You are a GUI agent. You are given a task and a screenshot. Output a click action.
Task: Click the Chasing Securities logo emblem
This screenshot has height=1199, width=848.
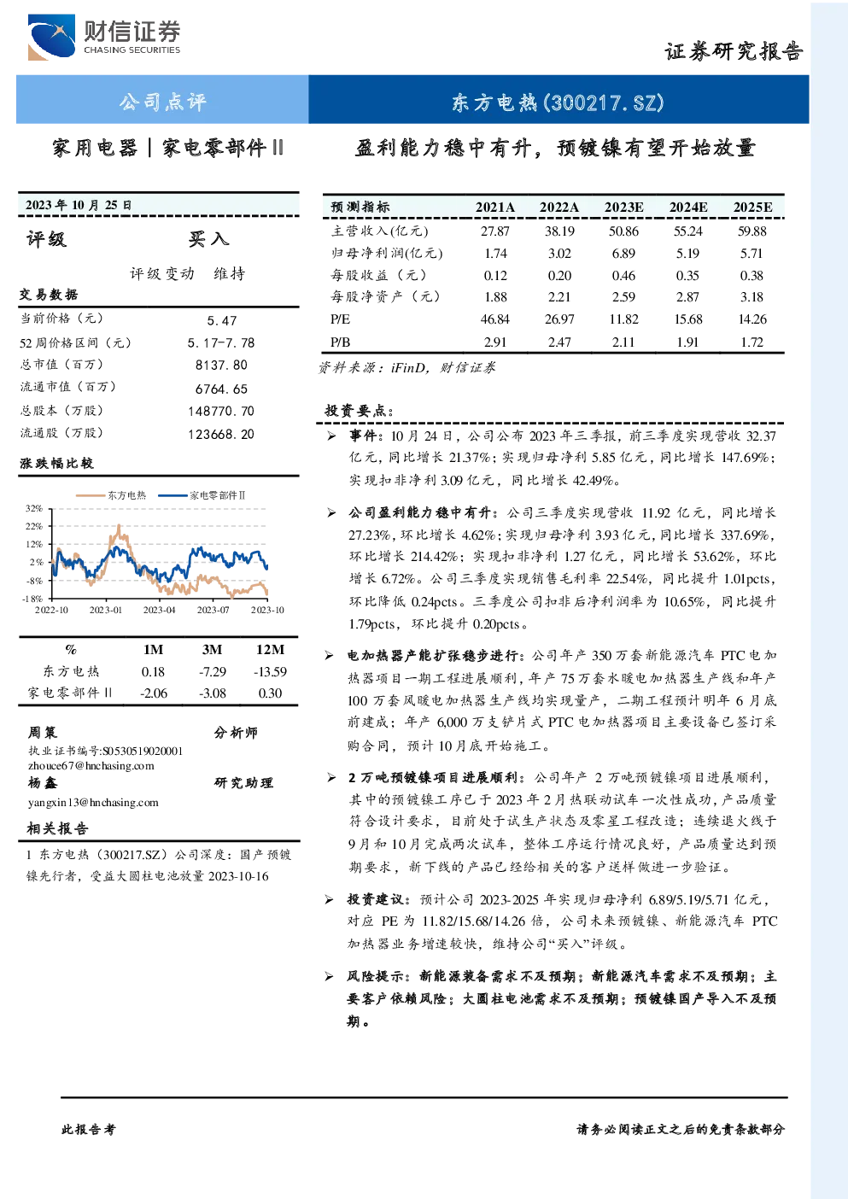click(x=52, y=37)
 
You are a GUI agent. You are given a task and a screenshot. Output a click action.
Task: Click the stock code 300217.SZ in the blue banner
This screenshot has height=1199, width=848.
click(x=604, y=102)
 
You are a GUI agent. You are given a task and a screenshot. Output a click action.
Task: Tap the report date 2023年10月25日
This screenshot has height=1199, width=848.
click(x=79, y=205)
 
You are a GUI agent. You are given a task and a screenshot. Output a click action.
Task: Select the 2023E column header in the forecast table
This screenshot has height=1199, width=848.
click(x=623, y=208)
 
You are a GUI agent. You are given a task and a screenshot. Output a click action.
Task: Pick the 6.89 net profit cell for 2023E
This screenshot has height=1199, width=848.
click(x=623, y=253)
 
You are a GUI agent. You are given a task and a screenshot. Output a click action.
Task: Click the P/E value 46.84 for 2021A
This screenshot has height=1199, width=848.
click(x=495, y=319)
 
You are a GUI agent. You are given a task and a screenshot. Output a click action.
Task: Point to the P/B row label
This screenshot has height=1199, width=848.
click(x=340, y=342)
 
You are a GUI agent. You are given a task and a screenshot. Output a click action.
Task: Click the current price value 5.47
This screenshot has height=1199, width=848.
click(x=222, y=320)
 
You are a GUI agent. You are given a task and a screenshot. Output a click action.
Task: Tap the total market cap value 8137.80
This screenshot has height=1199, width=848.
click(x=221, y=365)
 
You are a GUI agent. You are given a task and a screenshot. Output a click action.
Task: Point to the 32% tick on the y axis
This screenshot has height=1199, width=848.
click(x=33, y=508)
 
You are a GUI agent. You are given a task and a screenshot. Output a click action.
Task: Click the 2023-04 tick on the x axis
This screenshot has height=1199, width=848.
click(x=159, y=610)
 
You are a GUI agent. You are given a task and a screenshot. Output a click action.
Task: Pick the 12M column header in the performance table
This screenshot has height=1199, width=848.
click(x=270, y=649)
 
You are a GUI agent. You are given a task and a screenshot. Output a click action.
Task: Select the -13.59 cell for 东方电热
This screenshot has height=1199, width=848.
click(x=270, y=671)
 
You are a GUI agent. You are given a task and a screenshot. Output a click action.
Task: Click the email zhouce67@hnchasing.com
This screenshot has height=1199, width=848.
click(x=91, y=765)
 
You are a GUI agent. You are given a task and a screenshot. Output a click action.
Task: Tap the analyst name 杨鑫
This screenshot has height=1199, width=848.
click(x=43, y=782)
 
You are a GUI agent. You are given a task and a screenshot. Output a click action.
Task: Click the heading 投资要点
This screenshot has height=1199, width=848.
click(x=359, y=411)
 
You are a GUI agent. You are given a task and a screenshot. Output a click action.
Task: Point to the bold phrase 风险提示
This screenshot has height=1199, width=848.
click(x=375, y=976)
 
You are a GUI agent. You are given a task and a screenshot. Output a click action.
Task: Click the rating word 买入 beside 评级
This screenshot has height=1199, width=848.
click(x=208, y=239)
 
